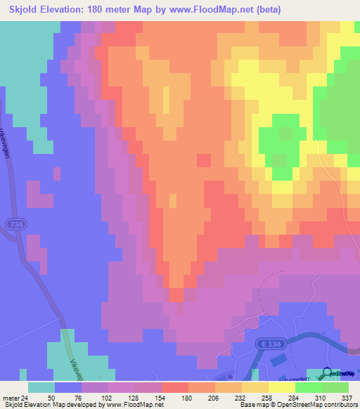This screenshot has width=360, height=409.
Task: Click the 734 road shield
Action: click(20, 222)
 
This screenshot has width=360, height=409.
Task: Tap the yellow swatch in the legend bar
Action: click(282, 387)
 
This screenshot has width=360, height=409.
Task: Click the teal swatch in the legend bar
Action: click(41, 387)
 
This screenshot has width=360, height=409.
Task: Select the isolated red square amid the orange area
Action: click(203, 160)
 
